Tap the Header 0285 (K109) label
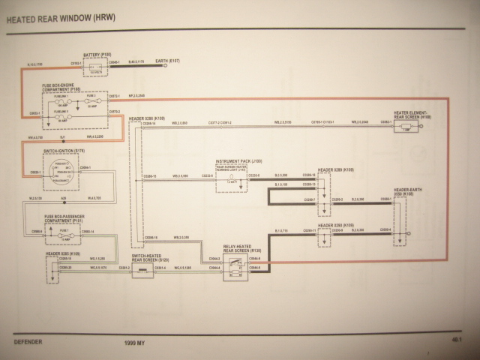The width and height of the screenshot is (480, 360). click(64, 254)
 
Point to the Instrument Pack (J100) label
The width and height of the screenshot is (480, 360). click(238, 160)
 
